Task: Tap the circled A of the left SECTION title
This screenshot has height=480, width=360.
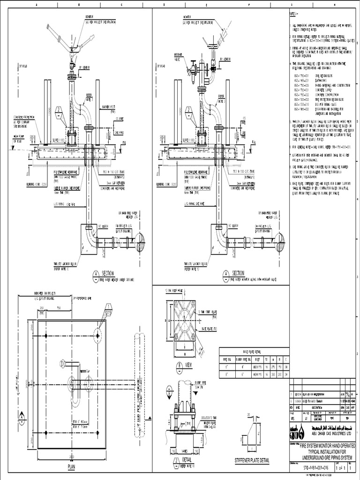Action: (96, 273)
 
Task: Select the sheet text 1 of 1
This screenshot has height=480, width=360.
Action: (348, 467)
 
